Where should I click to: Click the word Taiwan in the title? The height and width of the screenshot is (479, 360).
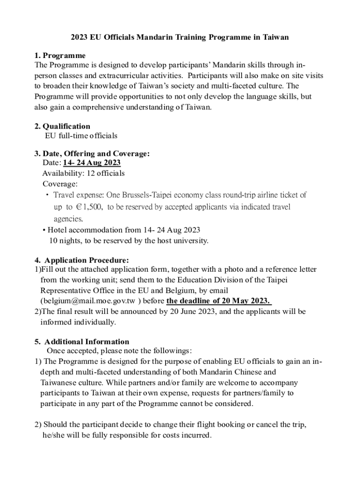pyautogui.click(x=275, y=37)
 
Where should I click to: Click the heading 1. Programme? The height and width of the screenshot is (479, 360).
pyautogui.click(x=60, y=56)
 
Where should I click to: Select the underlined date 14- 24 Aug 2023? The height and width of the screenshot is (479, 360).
pyautogui.click(x=92, y=163)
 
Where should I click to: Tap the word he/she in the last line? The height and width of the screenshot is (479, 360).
pyautogui.click(x=54, y=435)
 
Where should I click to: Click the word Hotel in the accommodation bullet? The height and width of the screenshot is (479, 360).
pyautogui.click(x=58, y=230)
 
